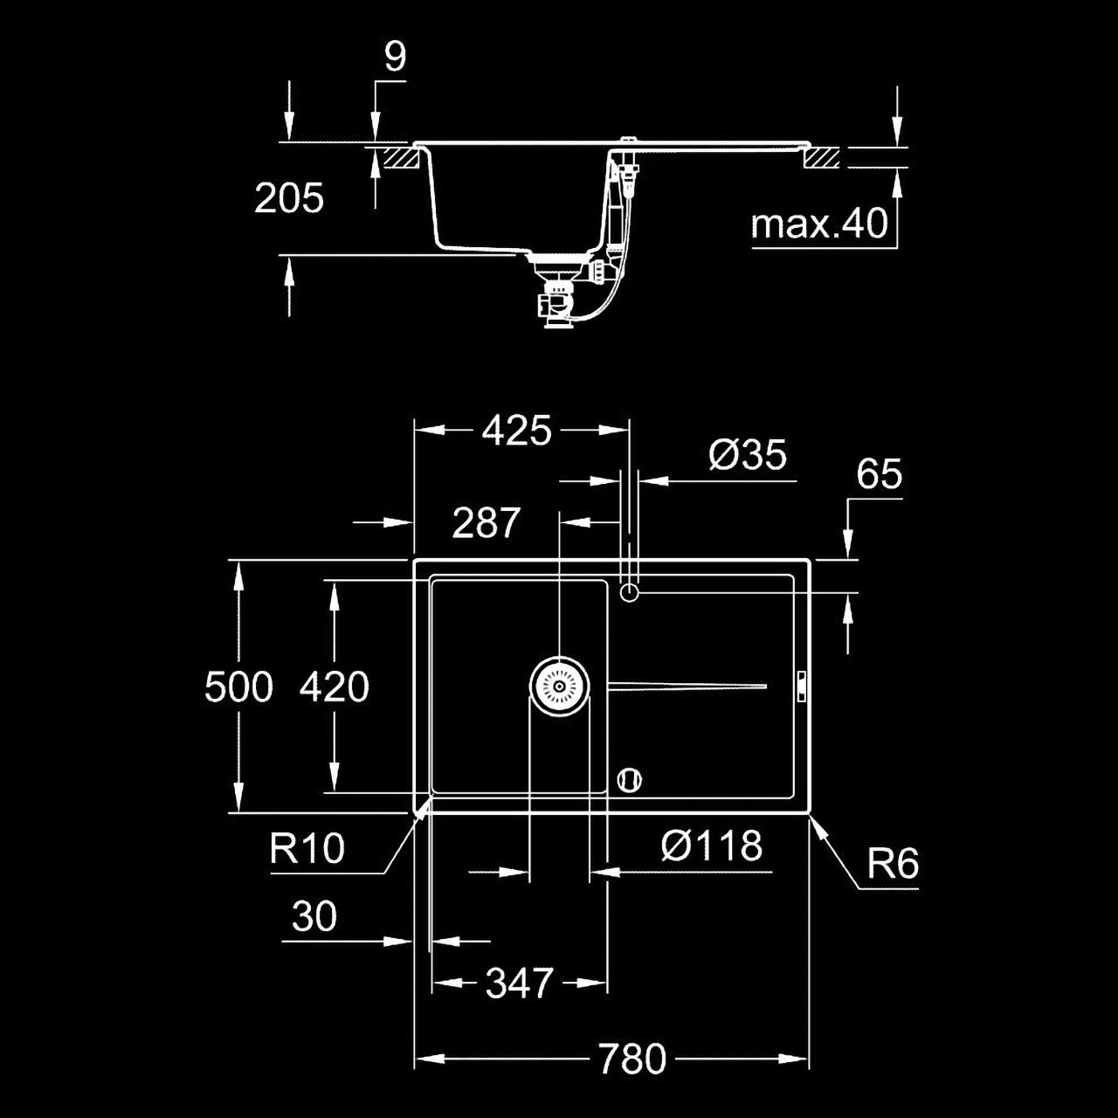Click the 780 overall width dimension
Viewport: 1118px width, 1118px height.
point(632,1059)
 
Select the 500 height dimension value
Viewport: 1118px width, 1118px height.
point(238,687)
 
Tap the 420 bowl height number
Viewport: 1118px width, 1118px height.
point(335,687)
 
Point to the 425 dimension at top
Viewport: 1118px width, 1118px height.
point(516,431)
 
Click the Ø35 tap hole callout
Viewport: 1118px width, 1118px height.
point(748,454)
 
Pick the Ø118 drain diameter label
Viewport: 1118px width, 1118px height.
point(711,845)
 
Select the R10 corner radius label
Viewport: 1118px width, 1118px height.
point(307,847)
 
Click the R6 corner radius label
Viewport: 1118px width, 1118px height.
point(893,865)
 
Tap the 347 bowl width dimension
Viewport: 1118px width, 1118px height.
point(519,983)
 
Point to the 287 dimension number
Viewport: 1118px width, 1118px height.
point(487,522)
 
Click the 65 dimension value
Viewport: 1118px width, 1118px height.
point(880,474)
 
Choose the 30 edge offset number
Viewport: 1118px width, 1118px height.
point(314,915)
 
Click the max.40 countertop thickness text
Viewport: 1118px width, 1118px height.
point(819,224)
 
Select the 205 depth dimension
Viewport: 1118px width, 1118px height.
point(289,198)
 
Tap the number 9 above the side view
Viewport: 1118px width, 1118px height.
point(396,57)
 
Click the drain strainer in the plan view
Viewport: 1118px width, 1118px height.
point(559,687)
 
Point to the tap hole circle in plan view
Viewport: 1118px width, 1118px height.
point(629,593)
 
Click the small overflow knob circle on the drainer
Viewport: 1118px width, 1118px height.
point(630,780)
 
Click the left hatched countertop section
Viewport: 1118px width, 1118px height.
point(400,158)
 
